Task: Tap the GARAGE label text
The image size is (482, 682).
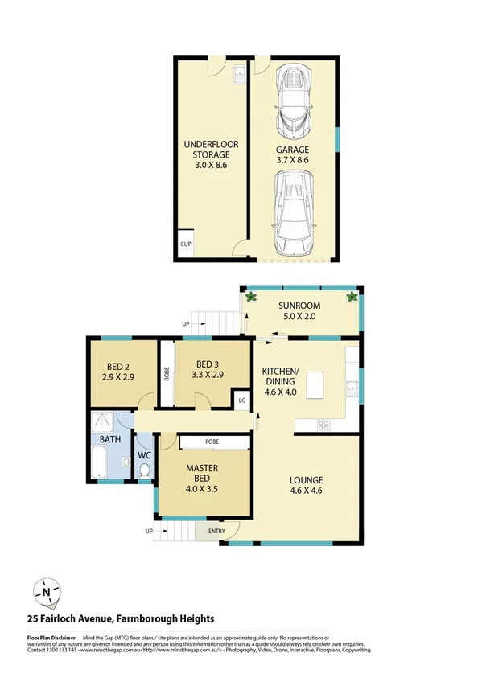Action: click(x=293, y=150)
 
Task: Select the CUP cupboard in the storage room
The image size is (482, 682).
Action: click(x=185, y=244)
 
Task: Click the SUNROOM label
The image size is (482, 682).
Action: click(x=299, y=306)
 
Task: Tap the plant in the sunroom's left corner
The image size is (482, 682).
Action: click(x=251, y=297)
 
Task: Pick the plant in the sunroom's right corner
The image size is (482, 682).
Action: click(x=352, y=297)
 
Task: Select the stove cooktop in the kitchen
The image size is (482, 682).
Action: click(x=324, y=424)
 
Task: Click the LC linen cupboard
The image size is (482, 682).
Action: click(x=241, y=398)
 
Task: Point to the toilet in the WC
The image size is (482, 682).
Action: click(x=144, y=472)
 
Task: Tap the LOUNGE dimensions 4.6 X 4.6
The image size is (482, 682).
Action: click(x=307, y=495)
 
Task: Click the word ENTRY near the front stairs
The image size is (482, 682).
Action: click(x=217, y=531)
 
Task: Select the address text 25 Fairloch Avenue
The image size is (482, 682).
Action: click(x=69, y=619)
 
